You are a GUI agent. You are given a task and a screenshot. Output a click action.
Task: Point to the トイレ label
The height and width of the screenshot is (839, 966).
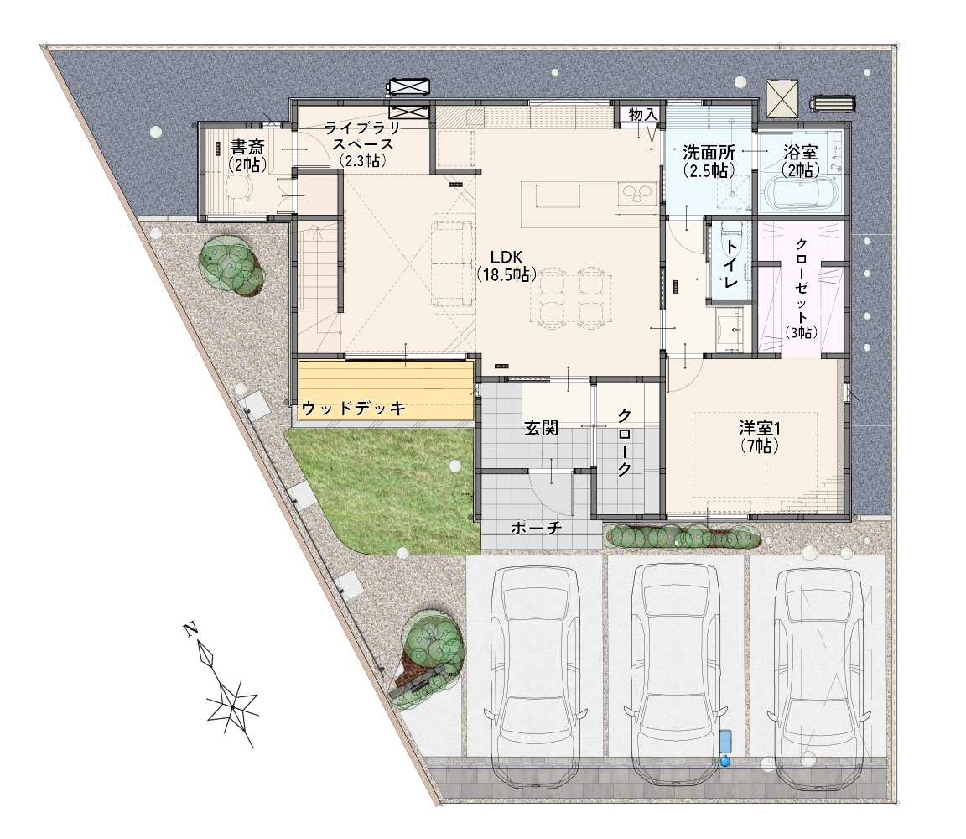tap(730, 263)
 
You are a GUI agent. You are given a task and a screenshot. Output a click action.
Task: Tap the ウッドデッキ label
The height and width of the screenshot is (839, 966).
tap(354, 408)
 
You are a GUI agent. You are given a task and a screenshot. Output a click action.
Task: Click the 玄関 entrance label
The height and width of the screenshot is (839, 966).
tap(541, 428)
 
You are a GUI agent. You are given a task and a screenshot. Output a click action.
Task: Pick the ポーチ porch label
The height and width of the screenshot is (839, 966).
tap(536, 529)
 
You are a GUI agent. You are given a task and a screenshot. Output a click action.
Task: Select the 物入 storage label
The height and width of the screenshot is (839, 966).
tap(643, 115)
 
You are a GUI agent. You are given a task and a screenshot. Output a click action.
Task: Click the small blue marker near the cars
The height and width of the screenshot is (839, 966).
tap(725, 748)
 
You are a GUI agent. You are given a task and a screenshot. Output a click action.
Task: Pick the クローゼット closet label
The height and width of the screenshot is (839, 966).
tap(801, 288)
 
